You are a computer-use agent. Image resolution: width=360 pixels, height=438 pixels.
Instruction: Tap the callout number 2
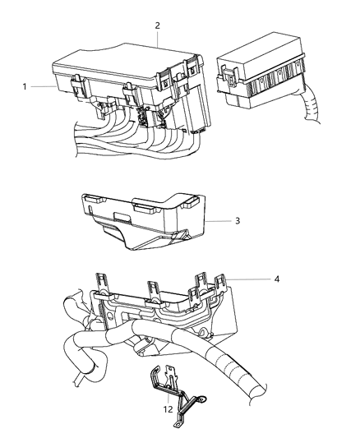(x=158, y=25)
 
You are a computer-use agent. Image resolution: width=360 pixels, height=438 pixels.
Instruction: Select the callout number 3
(x=238, y=220)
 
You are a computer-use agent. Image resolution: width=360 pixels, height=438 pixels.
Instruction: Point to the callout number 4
(x=277, y=279)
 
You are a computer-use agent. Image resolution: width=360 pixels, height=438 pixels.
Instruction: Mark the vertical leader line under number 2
(x=158, y=41)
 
